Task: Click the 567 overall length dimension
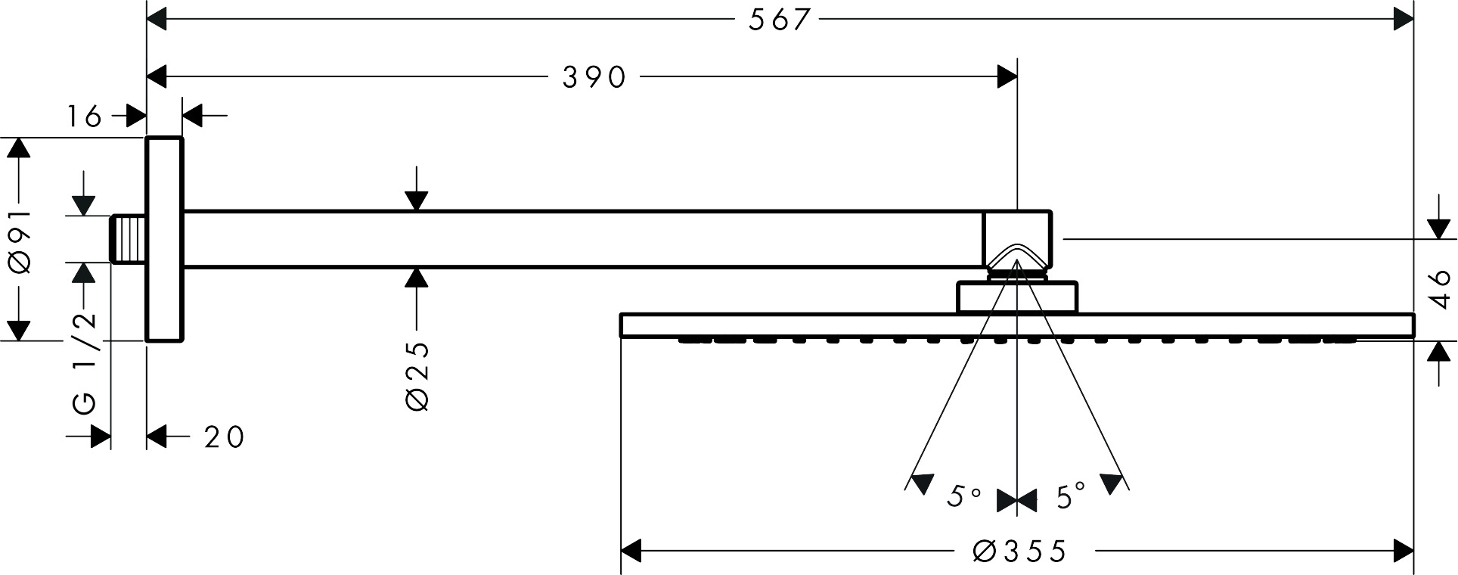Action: point(780,20)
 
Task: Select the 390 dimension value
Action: point(594,76)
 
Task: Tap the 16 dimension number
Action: point(85,117)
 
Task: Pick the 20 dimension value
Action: point(224,437)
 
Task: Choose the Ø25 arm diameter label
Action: point(417,376)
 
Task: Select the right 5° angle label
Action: point(1071,497)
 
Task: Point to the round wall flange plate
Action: point(164,239)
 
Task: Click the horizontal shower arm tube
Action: point(582,239)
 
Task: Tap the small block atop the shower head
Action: point(1017,297)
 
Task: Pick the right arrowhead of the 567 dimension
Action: point(1403,20)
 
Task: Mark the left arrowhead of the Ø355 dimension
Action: point(631,551)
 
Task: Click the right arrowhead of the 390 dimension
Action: point(1007,76)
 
